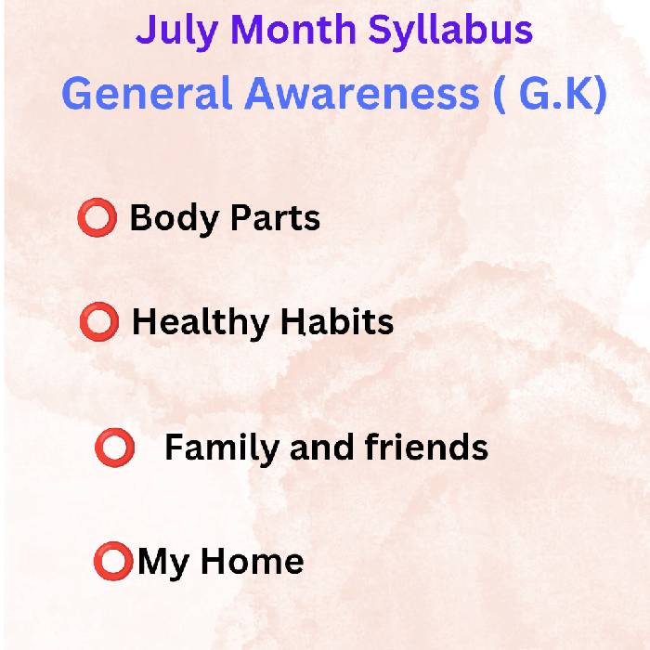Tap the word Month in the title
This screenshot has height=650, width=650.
[293, 29]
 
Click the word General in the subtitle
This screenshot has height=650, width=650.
[146, 93]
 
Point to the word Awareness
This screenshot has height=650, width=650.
[362, 94]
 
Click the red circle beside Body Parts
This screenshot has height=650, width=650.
[97, 217]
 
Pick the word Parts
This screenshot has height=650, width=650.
[275, 216]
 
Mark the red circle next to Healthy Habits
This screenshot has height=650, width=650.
[99, 321]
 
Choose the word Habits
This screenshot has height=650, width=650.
[337, 321]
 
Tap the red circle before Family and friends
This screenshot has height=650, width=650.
[115, 448]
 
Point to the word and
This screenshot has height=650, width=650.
[321, 447]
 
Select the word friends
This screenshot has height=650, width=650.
[426, 447]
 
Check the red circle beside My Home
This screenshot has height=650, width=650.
[113, 561]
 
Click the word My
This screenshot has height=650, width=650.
[163, 564]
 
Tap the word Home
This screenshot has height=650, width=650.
[253, 561]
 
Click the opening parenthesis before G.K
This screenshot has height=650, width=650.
[500, 95]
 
